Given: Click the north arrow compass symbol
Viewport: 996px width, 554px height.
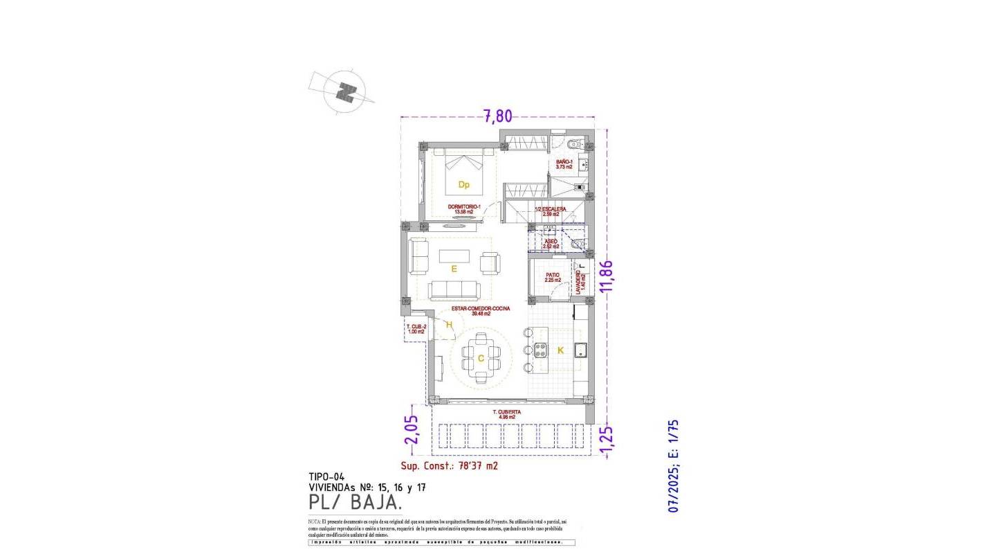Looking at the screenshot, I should pos(345,91).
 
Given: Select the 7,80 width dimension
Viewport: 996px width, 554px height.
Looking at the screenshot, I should pos(497,116).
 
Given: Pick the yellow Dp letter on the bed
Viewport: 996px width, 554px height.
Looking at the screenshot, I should pos(464,184).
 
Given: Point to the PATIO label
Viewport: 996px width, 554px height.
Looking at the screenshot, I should pos(552,276).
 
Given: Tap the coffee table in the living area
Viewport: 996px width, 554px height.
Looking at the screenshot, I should pos(454,256).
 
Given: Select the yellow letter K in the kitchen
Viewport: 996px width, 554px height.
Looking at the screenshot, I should pos(560,350).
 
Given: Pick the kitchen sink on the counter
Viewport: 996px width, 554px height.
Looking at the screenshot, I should pos(580,350).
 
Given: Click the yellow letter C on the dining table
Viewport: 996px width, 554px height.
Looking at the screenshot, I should pos(481,358).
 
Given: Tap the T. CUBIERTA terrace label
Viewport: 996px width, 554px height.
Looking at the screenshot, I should pos(506,414).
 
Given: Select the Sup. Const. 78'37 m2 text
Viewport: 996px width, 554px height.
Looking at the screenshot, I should pos(449,466).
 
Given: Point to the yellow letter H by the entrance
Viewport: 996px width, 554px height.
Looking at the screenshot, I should pos(449,325).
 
